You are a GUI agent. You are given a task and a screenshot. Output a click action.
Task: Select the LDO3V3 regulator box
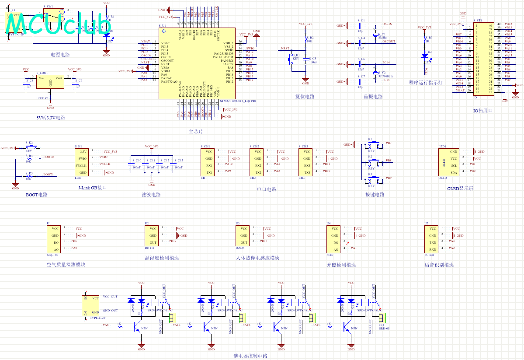point(50,81)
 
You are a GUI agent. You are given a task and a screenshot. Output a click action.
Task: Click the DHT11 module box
point(152,236)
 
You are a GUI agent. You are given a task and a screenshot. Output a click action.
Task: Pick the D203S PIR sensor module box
point(243,236)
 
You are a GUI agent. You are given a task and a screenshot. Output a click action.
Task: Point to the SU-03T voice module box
point(432,239)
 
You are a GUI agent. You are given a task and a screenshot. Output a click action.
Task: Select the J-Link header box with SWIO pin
point(83,162)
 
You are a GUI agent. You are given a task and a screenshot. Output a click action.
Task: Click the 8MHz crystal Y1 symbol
point(375,35)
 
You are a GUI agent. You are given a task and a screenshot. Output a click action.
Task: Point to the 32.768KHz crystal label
point(386,76)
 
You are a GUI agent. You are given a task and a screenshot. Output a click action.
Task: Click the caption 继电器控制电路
point(250,356)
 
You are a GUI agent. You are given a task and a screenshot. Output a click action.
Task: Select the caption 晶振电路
point(373,97)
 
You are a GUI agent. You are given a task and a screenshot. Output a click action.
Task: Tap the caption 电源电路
point(60,55)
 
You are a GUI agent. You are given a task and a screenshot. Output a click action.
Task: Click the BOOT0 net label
point(48,157)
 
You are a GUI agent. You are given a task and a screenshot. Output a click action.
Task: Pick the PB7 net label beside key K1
point(389,143)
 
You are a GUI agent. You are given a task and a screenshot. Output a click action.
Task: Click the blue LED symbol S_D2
point(424,56)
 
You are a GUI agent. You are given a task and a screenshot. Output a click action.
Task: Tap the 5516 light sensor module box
point(333,239)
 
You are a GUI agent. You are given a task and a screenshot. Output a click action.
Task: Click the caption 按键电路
point(375,195)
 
